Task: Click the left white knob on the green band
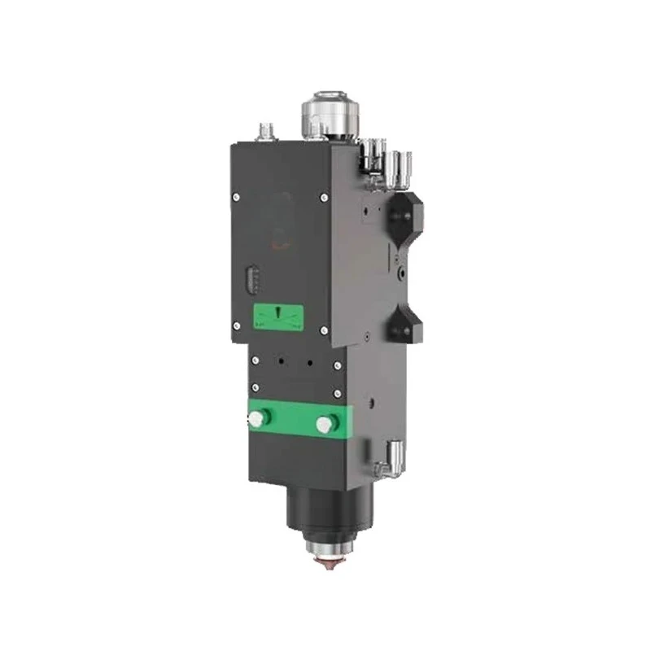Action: [259, 418]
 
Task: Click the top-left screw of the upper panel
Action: [234, 195]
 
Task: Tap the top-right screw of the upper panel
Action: [324, 197]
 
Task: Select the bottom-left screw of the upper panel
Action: [234, 327]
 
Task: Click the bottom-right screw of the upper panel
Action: [324, 330]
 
